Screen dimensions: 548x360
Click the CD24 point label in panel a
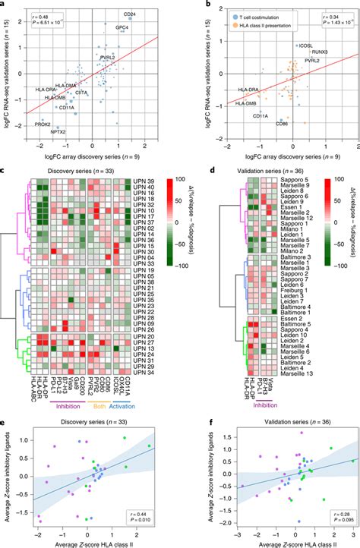click(131, 14)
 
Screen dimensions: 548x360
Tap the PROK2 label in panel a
click(43, 124)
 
